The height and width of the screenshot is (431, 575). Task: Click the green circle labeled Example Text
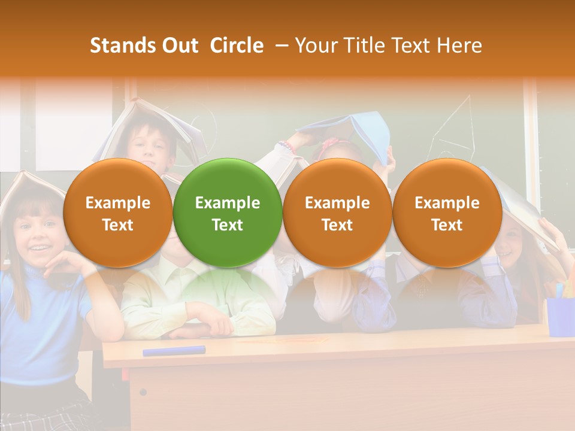pyautogui.click(x=228, y=213)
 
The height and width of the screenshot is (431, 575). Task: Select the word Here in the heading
pyautogui.click(x=459, y=45)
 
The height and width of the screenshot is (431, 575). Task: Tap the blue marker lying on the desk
pyautogui.click(x=174, y=350)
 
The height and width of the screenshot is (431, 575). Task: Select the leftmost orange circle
pyautogui.click(x=118, y=213)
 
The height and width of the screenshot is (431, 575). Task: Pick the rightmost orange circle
pyautogui.click(x=447, y=213)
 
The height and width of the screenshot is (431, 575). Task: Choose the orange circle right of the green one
pyautogui.click(x=337, y=213)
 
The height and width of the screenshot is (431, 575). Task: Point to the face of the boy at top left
pyautogui.click(x=150, y=147)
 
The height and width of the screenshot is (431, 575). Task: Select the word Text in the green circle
pyautogui.click(x=228, y=224)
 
